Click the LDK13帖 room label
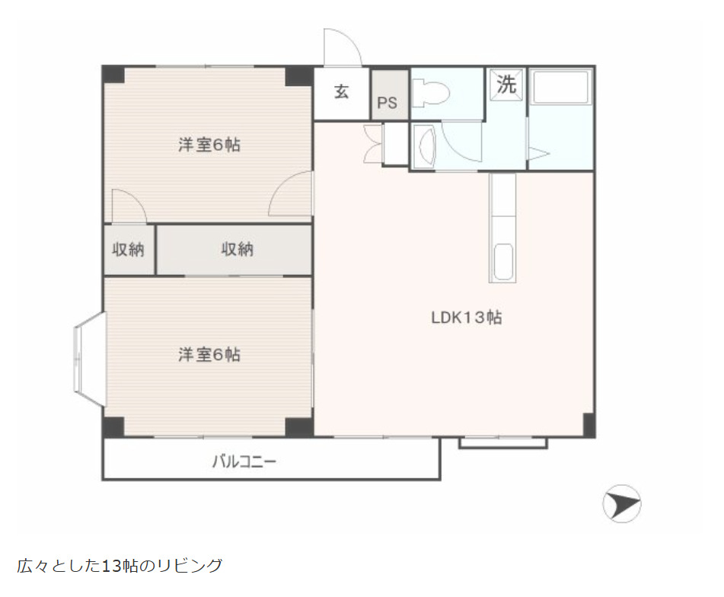tap(466, 318)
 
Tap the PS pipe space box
tap(387, 102)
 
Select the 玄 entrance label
tap(342, 93)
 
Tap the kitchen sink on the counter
tap(503, 263)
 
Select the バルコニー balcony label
tap(243, 461)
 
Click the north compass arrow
tap(621, 505)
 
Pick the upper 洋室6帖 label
tap(209, 145)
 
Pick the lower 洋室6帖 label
tap(209, 355)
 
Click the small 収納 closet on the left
tap(129, 249)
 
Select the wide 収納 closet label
tap(238, 249)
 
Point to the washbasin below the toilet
tap(425, 144)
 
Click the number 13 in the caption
tap(111, 566)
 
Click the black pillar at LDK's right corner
tap(588, 425)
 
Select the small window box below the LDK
tap(502, 442)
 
